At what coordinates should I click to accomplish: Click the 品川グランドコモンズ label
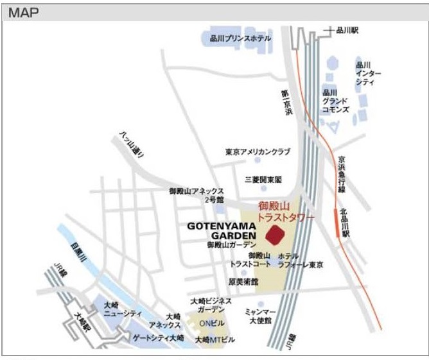coord(335,101)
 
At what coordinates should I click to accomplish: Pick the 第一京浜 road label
coord(285,102)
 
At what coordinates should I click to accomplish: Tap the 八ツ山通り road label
coord(132,144)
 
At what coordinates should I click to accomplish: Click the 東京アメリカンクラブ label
coord(258,152)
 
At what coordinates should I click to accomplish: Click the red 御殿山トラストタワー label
coord(285,212)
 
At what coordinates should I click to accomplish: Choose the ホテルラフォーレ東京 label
coord(300,260)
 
